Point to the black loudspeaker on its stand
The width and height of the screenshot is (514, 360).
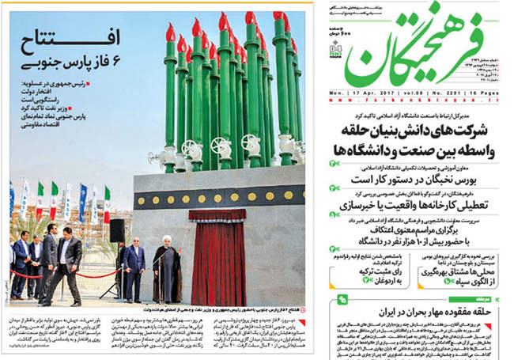(x=116, y=230)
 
